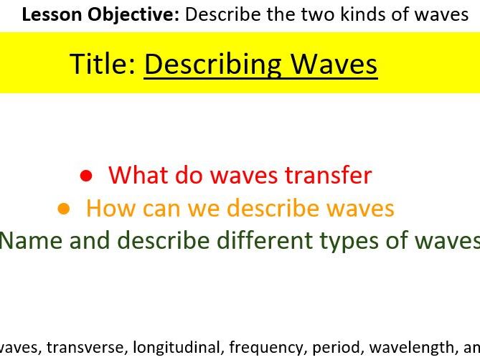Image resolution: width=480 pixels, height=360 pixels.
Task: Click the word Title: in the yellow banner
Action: coord(103,64)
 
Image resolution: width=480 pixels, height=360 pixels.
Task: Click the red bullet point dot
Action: coord(87,175)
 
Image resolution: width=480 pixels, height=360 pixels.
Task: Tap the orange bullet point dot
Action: coord(64,209)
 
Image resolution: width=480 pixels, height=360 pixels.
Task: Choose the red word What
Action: coord(139,175)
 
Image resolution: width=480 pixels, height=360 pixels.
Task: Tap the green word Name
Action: coord(32,240)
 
